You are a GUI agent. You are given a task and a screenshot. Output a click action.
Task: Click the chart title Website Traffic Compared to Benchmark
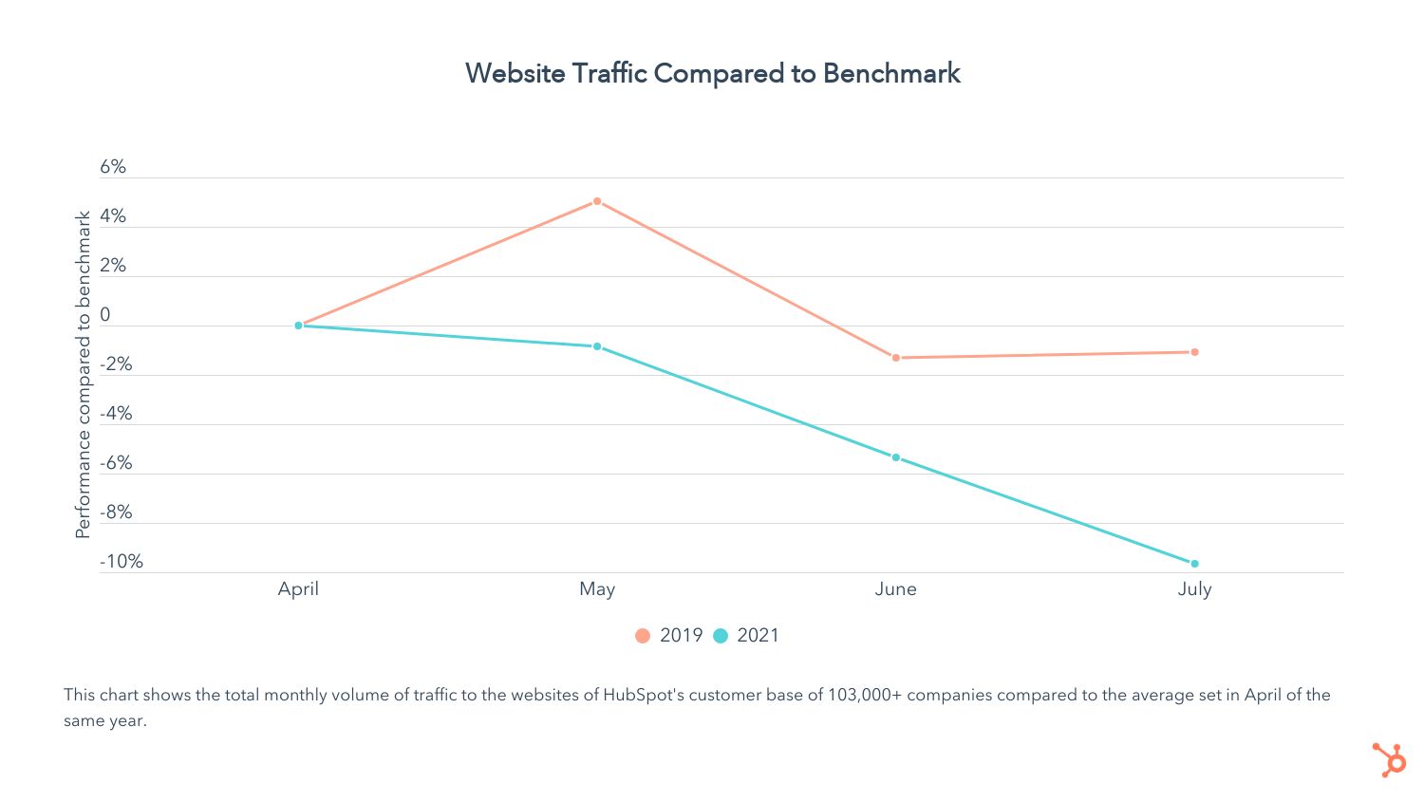(712, 73)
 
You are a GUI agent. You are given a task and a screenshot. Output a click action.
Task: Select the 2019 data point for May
(597, 201)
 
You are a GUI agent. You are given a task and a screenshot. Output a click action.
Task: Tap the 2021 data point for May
(597, 346)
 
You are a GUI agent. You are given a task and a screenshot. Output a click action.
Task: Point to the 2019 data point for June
(895, 358)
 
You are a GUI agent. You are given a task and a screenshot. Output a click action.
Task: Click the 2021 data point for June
(895, 457)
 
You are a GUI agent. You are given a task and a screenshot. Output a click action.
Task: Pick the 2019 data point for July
(1194, 352)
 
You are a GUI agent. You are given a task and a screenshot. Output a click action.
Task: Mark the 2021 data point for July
(1194, 564)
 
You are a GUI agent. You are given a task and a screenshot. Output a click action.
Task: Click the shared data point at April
(298, 326)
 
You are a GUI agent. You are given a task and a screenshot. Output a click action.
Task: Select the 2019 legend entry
(669, 636)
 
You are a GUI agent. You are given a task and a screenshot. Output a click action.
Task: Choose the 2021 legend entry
(746, 636)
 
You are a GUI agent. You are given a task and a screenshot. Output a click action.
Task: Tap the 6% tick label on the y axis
(113, 167)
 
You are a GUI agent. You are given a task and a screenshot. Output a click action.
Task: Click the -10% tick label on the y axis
(122, 562)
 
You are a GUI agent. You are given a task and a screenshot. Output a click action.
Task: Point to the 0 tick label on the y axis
(105, 315)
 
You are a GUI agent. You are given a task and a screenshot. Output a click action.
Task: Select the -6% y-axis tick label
(116, 463)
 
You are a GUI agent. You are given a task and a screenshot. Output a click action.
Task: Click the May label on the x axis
(597, 589)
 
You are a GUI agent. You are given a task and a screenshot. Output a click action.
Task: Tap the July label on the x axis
(1194, 589)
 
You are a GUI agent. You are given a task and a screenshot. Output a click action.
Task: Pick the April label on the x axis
(298, 589)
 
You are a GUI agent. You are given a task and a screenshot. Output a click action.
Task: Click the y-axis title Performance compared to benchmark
(84, 375)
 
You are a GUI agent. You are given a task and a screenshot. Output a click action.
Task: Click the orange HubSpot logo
(1389, 760)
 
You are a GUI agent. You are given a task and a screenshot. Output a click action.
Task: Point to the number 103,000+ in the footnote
(864, 695)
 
